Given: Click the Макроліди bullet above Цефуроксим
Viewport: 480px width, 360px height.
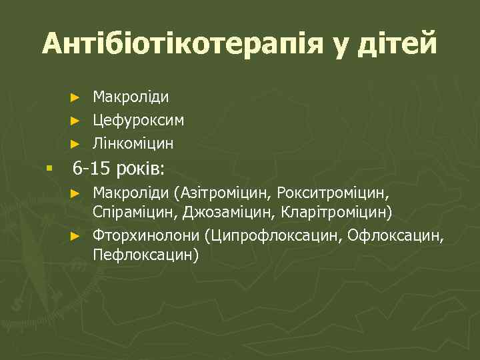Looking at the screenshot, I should click(x=131, y=97).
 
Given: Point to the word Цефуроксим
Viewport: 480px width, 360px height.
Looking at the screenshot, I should click(x=139, y=120).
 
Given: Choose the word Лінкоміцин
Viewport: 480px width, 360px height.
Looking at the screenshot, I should click(x=133, y=143).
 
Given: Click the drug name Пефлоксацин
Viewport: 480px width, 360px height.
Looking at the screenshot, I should click(x=143, y=255).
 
